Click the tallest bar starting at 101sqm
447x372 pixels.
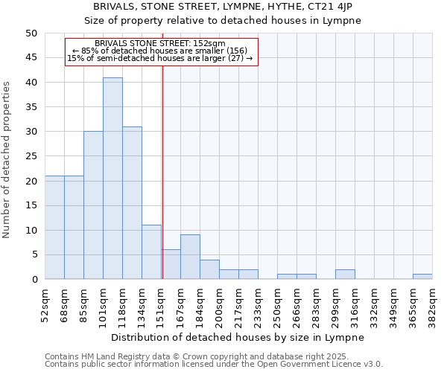112,179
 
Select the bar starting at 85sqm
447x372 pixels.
93,205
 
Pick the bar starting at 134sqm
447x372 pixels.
151,252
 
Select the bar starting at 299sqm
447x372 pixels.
345,275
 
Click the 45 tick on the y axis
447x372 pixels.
31,57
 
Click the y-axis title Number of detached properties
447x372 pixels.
7,156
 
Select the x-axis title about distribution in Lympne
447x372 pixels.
238,337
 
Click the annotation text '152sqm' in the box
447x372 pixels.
211,44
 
